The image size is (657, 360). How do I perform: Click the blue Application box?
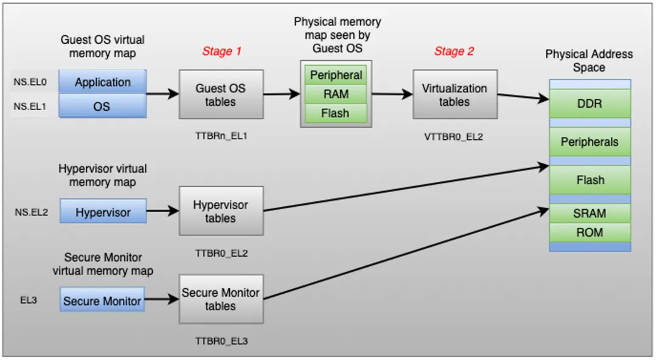[x=103, y=82]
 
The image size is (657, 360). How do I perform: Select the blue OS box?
[x=103, y=106]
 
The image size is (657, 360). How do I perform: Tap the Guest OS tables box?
[x=221, y=94]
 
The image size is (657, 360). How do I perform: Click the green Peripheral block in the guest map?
[x=336, y=75]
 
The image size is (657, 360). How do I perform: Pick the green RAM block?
[x=336, y=94]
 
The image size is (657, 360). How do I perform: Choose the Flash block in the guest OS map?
[x=336, y=113]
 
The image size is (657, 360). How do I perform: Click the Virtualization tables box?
[x=454, y=94]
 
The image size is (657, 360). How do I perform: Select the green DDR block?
[x=589, y=104]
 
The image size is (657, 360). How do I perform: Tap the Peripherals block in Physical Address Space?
[x=589, y=142]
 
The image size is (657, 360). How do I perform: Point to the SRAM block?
[x=589, y=213]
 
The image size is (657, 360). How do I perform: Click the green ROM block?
[x=589, y=232]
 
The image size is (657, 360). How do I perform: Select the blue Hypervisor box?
[x=103, y=212]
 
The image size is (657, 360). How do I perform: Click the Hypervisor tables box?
[x=221, y=211]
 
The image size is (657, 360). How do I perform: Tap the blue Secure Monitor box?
[x=102, y=301]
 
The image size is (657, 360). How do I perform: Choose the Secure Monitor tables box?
[x=221, y=299]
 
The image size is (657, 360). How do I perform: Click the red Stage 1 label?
[x=221, y=52]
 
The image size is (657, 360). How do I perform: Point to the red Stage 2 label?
[x=454, y=52]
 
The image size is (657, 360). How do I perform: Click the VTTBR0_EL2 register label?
[x=453, y=137]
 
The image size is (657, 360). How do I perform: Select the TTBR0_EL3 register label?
[x=221, y=341]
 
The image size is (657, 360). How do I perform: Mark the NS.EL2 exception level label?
[x=31, y=212]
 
